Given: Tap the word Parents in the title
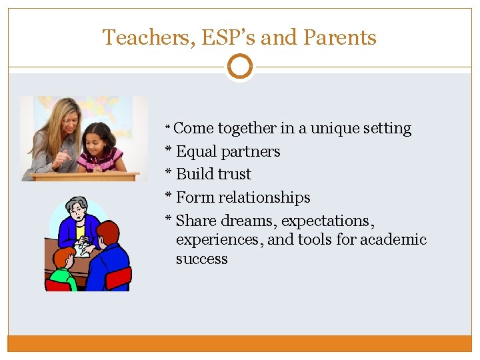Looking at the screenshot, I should click(339, 38).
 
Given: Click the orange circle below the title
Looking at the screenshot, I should click(239, 67).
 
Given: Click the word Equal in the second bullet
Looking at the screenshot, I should click(196, 151).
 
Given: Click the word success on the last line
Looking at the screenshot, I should click(201, 259).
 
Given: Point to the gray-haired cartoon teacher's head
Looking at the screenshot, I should click(77, 210).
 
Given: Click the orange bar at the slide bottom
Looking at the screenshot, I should click(239, 343).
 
